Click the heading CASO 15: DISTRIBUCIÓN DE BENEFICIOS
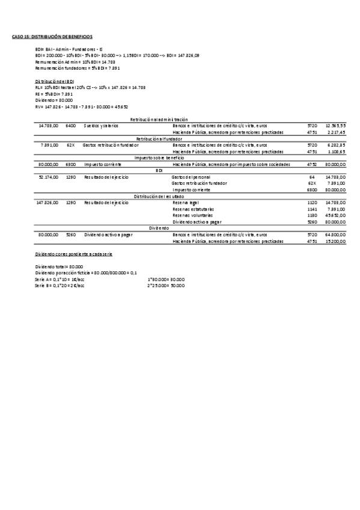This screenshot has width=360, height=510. coord(52,37)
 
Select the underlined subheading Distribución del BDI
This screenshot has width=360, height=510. coord(55,81)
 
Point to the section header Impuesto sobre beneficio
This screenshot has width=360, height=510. coord(159,158)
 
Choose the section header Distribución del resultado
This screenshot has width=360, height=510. coord(159,196)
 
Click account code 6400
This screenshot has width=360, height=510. coord(71,126)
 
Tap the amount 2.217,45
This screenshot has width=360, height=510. coord(336,132)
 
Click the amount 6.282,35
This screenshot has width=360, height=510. coord(336,145)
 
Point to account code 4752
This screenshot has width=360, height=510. coord(312,164)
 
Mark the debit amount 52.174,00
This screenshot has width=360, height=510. coord(48,177)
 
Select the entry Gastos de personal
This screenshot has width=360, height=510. coord(191,177)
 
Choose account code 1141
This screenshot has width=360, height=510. coord(312,209)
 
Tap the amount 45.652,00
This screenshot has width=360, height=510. coord(335,215)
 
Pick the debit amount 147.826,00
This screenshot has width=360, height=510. coord(47,203)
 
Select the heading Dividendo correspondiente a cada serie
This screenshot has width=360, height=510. coord(74,254)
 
